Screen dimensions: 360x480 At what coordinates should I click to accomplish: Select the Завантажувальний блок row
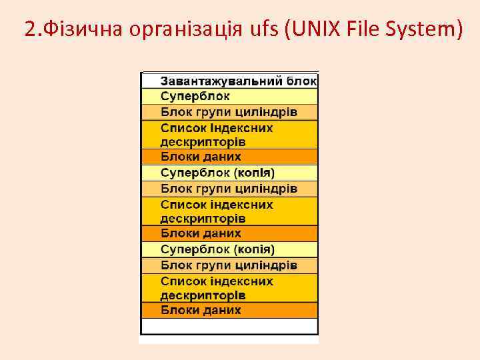pyautogui.click(x=229, y=81)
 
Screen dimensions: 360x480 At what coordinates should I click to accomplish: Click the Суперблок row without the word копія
pyautogui.click(x=229, y=96)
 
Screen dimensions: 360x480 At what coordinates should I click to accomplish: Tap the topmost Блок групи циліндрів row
pyautogui.click(x=229, y=111)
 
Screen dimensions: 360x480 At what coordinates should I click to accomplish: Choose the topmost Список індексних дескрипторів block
pyautogui.click(x=229, y=135)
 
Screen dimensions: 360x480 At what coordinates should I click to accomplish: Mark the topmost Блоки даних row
pyautogui.click(x=229, y=157)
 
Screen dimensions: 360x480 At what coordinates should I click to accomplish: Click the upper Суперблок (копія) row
pyautogui.click(x=229, y=173)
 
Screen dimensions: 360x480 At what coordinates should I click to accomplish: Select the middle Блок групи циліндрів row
pyautogui.click(x=229, y=188)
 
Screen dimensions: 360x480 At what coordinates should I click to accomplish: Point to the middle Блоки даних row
pyautogui.click(x=229, y=233)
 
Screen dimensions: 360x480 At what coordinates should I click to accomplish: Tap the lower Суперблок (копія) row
pyautogui.click(x=229, y=249)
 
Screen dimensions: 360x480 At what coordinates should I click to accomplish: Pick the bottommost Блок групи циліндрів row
pyautogui.click(x=229, y=265)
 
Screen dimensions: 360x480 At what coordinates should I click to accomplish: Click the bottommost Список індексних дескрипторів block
pyautogui.click(x=229, y=288)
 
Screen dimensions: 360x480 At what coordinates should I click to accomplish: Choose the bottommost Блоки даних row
pyautogui.click(x=229, y=310)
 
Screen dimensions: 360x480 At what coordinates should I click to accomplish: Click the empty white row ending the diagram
pyautogui.click(x=229, y=326)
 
